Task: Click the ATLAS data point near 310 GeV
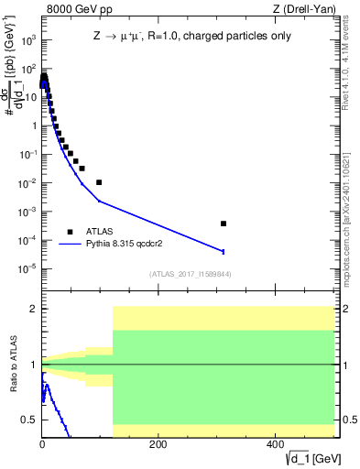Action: click(x=224, y=224)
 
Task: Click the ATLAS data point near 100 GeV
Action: click(x=99, y=182)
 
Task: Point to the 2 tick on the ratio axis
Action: click(x=31, y=309)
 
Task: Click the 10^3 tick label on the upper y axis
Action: click(x=26, y=41)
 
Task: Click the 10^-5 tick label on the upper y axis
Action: click(x=26, y=268)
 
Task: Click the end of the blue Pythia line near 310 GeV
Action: click(x=224, y=251)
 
